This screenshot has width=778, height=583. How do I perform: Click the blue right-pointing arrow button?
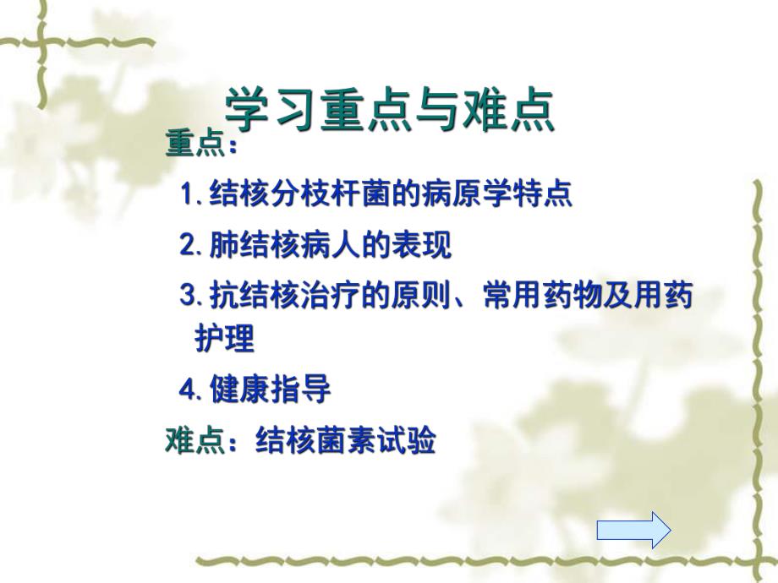(x=633, y=531)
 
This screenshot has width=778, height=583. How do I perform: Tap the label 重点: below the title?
(x=200, y=144)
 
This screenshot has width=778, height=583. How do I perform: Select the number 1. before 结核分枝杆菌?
(x=193, y=194)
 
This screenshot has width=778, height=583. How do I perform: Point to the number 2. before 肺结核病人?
(x=191, y=245)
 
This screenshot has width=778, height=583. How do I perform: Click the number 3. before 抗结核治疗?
(x=191, y=297)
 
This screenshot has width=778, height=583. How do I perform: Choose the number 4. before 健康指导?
(x=191, y=390)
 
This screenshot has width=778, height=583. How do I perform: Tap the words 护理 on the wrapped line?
(x=224, y=339)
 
